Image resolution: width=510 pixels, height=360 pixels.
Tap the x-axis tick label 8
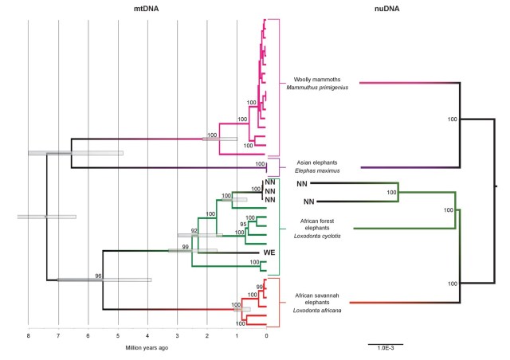point(28,337)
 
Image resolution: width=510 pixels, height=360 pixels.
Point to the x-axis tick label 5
point(118,337)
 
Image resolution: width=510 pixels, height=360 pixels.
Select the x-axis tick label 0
point(266,337)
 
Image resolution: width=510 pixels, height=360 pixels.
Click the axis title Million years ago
point(146,347)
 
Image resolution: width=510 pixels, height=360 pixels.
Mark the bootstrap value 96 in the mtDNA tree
point(99,276)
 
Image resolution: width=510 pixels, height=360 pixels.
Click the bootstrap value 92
point(194,231)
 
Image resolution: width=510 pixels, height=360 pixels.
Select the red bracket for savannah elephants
point(278,302)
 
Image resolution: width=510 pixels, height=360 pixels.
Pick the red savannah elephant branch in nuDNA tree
point(382,303)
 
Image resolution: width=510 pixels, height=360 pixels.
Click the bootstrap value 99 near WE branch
point(186,248)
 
